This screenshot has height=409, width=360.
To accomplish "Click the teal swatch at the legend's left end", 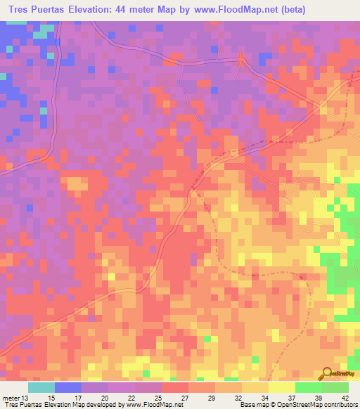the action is click(41, 387).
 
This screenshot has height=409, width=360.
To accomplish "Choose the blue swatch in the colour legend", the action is click(67, 387).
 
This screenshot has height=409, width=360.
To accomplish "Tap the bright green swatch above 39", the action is click(308, 387).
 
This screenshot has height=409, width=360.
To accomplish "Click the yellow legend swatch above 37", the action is click(281, 387).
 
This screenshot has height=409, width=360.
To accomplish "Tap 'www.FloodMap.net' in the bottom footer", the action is click(153, 405).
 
